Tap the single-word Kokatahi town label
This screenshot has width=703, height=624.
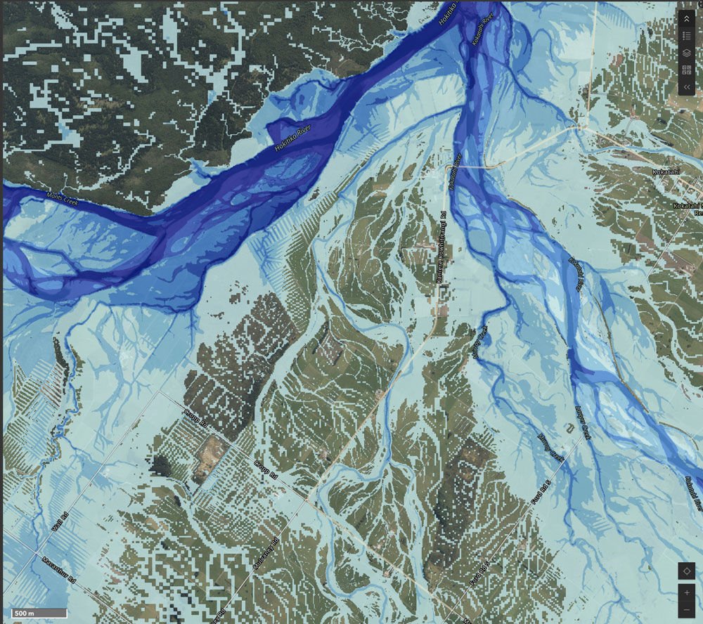pos(664,170)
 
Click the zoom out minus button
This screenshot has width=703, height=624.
pos(686,609)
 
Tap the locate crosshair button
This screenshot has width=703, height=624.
pos(686,571)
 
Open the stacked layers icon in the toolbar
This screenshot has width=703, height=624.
pos(686,53)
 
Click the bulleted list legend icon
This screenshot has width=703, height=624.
pos(686,36)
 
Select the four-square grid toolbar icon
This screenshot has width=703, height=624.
pos(686,70)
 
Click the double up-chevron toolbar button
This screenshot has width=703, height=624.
pos(686,19)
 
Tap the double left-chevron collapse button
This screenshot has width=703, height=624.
pos(686,86)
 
